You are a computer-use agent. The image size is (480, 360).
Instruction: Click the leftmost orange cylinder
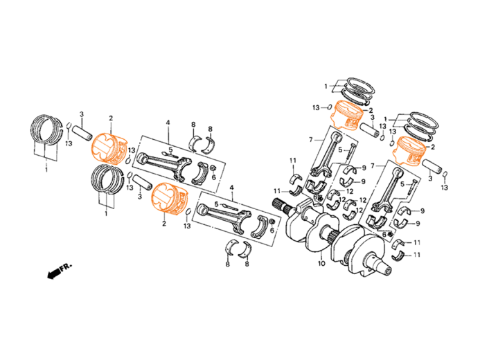click(x=109, y=149)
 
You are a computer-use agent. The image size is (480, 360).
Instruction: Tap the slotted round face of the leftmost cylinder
click(x=105, y=147)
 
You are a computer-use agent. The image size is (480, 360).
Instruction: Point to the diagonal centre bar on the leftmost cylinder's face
click(x=105, y=147)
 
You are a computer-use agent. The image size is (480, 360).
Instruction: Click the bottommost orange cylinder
click(x=170, y=199)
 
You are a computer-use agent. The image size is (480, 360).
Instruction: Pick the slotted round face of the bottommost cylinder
click(x=164, y=197)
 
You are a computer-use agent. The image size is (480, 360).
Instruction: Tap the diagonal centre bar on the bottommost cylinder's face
click(x=164, y=197)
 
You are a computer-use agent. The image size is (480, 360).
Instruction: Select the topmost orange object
click(x=346, y=115)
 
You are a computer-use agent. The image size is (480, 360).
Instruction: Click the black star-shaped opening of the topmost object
click(x=339, y=119)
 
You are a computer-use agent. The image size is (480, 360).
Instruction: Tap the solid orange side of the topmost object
click(x=353, y=120)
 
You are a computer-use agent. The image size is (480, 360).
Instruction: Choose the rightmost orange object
click(x=409, y=151)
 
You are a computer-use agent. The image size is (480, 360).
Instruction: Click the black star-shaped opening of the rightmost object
click(x=400, y=155)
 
